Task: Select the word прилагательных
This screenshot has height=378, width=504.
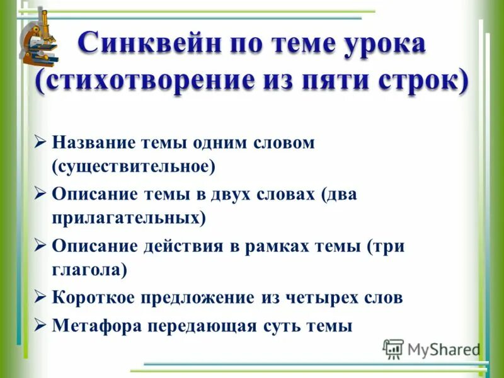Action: point(129,218)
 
